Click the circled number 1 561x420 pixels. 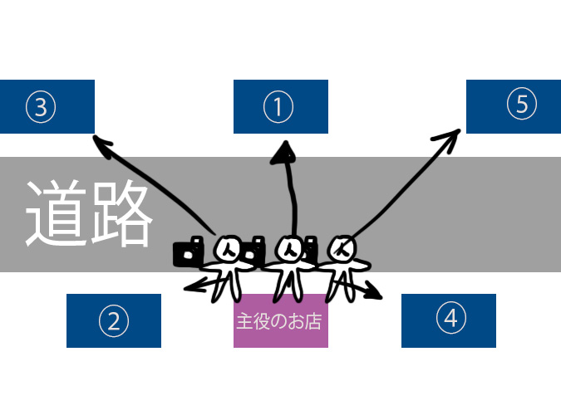[x=279, y=106]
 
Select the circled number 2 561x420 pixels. [x=113, y=320]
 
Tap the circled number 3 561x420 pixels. [x=41, y=106]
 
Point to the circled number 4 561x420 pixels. [x=450, y=319]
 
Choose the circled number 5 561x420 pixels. [x=522, y=104]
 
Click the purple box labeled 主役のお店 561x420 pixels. [x=280, y=320]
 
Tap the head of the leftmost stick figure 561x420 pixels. [x=228, y=248]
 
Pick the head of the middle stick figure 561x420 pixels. [x=289, y=247]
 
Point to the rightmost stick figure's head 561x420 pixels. [x=342, y=247]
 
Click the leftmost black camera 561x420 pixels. [x=189, y=252]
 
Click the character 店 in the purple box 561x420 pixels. [x=313, y=321]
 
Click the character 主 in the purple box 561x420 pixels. [x=244, y=321]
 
